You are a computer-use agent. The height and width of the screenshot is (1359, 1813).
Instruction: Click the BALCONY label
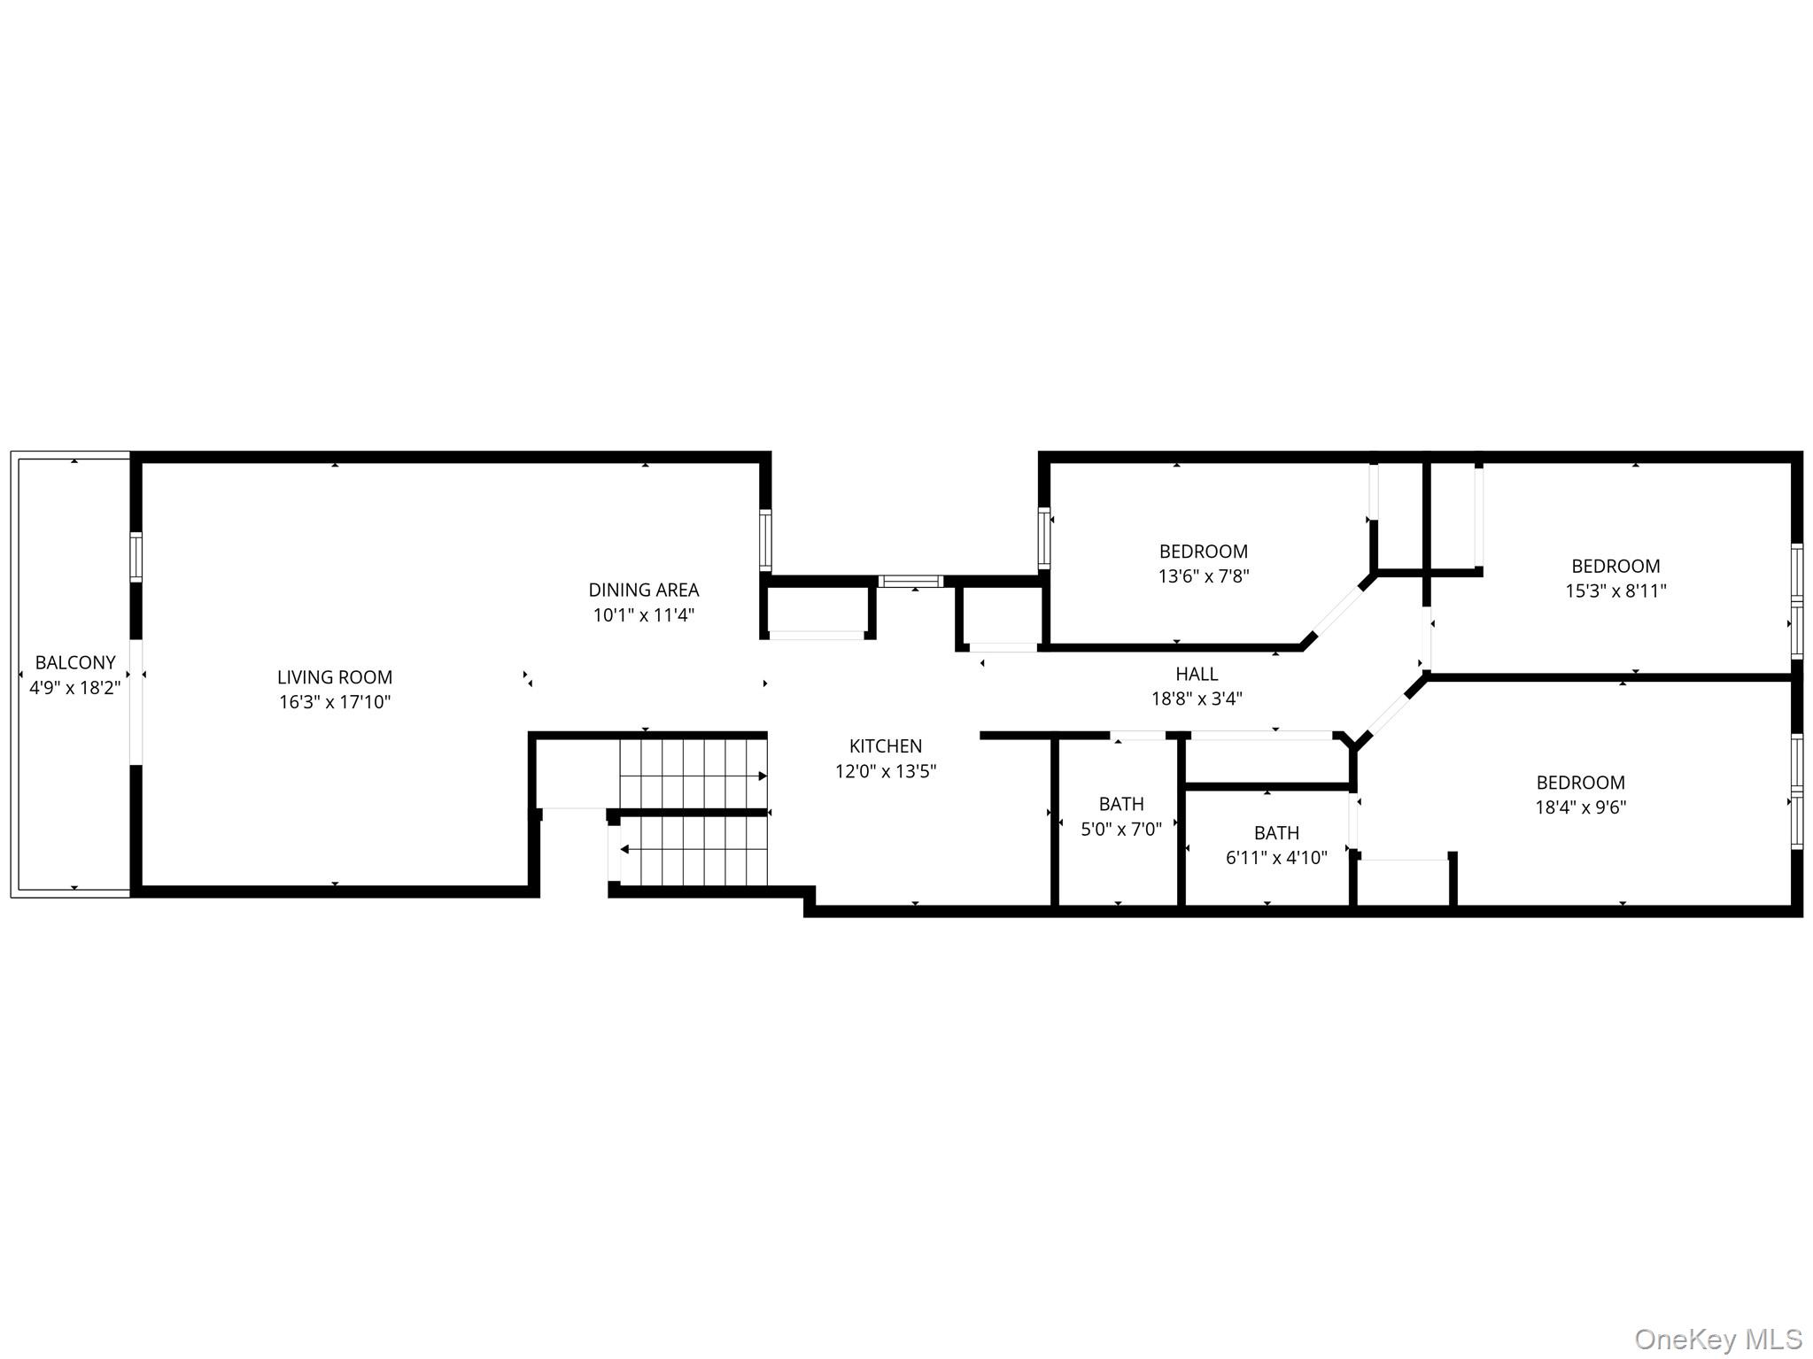click(75, 662)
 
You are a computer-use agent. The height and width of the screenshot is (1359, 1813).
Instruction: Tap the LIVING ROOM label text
click(335, 677)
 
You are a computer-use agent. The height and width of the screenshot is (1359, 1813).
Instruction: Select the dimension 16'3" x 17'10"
click(335, 702)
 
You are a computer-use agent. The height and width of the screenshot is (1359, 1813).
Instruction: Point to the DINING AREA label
click(644, 590)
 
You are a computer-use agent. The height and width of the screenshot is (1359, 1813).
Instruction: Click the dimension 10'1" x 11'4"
click(644, 614)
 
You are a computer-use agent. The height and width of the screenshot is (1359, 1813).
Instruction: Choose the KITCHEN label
click(886, 746)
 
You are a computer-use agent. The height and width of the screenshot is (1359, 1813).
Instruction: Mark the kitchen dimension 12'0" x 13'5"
click(886, 771)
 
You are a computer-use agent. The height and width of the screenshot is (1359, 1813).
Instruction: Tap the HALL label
click(1197, 674)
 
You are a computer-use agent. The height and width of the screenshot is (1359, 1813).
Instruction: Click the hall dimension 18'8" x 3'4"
click(1197, 699)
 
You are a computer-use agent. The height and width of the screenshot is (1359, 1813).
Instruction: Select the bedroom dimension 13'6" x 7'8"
click(1204, 576)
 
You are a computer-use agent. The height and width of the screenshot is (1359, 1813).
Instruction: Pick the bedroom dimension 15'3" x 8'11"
click(1615, 591)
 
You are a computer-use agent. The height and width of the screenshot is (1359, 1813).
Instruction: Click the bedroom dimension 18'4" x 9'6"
click(1581, 807)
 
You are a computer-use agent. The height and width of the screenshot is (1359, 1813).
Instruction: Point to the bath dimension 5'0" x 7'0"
click(1121, 830)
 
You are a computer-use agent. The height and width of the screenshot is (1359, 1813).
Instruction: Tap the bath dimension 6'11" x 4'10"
click(1276, 858)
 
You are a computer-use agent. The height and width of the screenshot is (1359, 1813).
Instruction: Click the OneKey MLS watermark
click(1717, 1339)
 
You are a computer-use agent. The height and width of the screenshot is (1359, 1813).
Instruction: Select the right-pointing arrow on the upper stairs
click(762, 776)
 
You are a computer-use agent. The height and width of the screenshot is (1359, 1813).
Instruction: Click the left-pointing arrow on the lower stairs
click(624, 849)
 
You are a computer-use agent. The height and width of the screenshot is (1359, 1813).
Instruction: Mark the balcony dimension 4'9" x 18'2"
click(75, 687)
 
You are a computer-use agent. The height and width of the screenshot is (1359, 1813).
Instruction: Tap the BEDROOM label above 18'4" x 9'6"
click(1581, 783)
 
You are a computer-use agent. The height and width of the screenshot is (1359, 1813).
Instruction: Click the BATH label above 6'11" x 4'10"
click(1276, 833)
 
